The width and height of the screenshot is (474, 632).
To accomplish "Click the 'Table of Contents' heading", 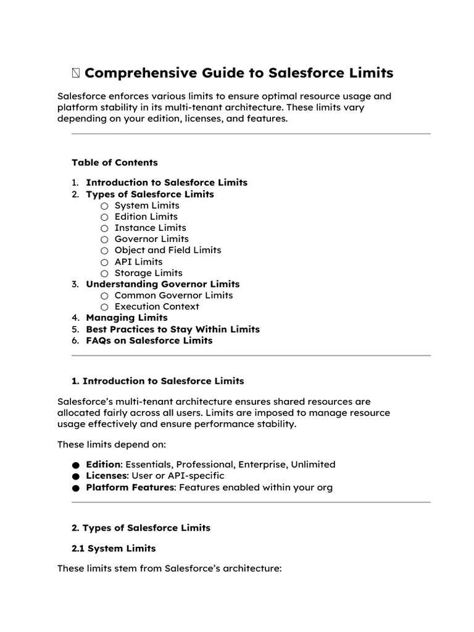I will [x=115, y=163].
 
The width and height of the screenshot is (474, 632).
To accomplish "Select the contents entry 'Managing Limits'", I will [x=127, y=318].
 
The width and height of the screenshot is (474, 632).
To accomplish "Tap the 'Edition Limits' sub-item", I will [x=146, y=217].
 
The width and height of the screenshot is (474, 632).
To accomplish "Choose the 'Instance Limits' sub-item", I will [x=150, y=228].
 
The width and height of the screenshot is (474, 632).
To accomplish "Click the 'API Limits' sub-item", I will [x=138, y=262].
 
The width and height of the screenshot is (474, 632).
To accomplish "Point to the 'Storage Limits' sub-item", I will [x=148, y=273].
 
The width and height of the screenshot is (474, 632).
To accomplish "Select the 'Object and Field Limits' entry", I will [x=167, y=250].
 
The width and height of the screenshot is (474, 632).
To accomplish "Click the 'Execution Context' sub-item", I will [x=157, y=307].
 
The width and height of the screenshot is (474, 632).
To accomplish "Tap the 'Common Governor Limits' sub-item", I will [x=173, y=296].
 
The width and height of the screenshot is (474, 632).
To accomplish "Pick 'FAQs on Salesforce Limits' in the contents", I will [x=149, y=341].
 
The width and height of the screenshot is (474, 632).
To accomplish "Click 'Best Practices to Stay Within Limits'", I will [x=172, y=330].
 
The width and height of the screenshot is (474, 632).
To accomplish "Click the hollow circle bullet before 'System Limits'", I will [x=104, y=206].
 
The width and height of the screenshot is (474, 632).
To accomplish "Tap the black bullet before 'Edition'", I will [x=75, y=465].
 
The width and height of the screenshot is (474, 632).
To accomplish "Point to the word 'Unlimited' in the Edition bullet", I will [x=313, y=464].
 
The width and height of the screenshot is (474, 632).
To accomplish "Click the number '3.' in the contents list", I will [x=75, y=285].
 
